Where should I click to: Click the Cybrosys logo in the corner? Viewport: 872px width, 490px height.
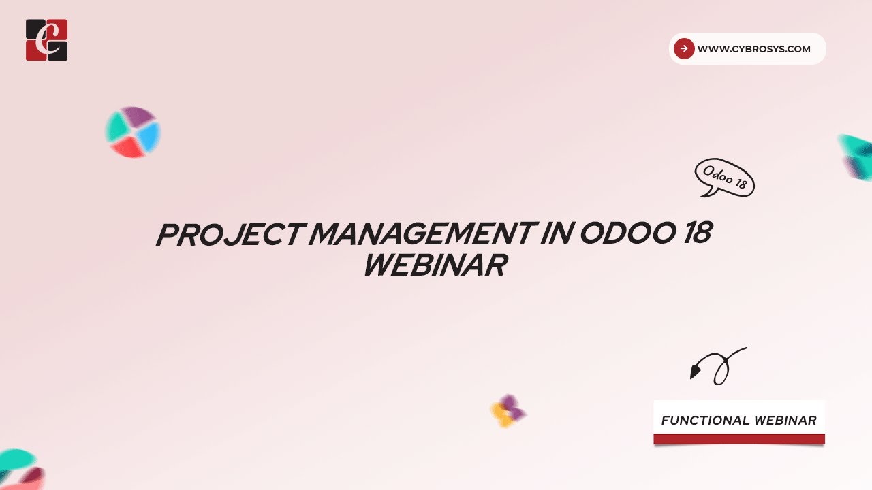(46, 40)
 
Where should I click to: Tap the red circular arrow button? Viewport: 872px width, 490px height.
(683, 48)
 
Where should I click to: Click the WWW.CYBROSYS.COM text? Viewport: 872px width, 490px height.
(753, 49)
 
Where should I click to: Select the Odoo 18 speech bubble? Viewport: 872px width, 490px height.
(724, 178)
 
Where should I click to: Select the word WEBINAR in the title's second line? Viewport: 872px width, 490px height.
(435, 265)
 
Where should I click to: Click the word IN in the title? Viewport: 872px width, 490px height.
(553, 235)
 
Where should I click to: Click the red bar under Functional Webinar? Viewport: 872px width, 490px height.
(738, 440)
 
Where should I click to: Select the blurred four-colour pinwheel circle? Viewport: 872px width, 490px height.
(132, 132)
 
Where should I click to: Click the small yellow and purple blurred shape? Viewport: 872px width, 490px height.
(508, 410)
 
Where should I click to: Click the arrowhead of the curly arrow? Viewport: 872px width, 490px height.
(695, 372)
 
